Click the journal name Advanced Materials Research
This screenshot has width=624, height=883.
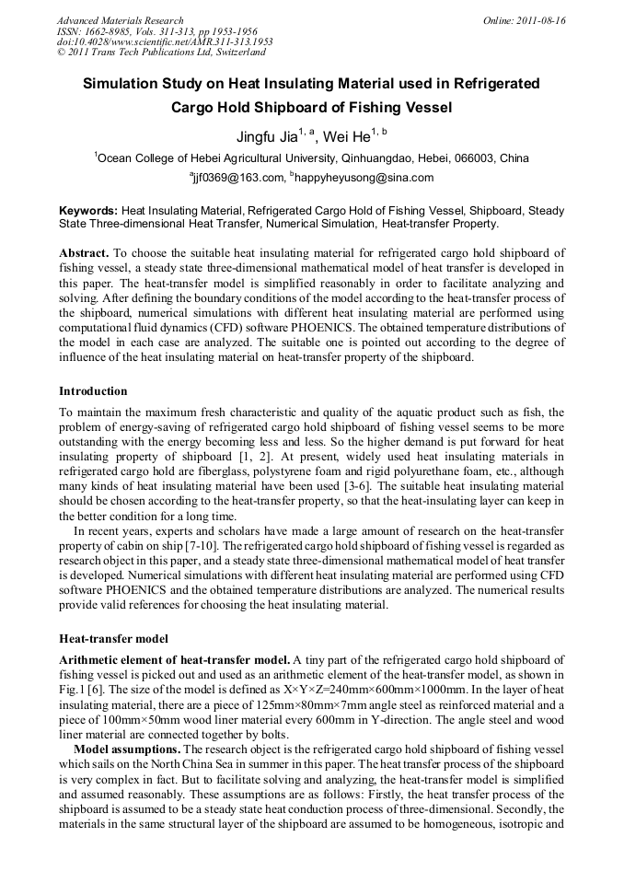tap(120, 20)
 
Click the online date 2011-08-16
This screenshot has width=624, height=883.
tap(542, 20)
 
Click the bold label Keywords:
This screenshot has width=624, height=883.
tap(88, 211)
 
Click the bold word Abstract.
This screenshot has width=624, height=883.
tap(85, 252)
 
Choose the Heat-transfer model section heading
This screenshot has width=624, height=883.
tap(115, 638)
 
